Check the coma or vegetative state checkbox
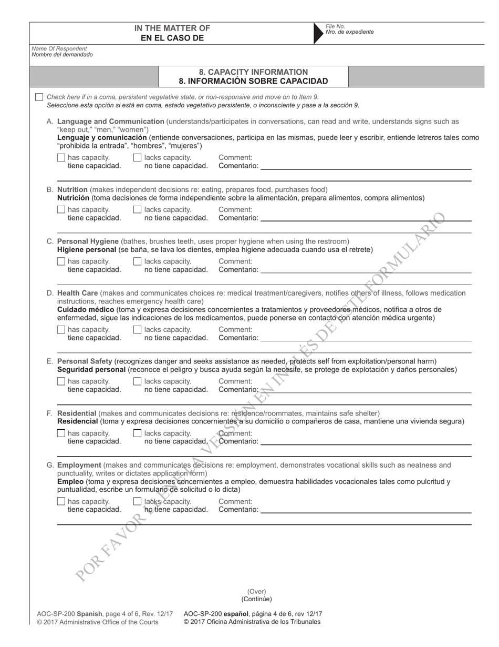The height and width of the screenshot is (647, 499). pos(39,97)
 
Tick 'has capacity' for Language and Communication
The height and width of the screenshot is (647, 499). pos(61,157)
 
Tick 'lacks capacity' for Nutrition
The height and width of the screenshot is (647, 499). pos(138,209)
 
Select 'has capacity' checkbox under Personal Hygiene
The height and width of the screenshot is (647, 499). pos(61,261)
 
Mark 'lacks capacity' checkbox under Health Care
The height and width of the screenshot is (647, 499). pos(138,330)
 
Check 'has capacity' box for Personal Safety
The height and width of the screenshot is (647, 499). pos(61,381)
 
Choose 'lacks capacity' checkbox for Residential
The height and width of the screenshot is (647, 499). pos(138,433)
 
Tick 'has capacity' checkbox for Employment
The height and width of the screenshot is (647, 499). pos(61,501)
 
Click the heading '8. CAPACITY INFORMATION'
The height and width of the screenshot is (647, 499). pos(254,72)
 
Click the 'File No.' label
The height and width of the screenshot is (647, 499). pos(335,26)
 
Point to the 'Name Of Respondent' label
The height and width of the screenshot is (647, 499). pos(59,49)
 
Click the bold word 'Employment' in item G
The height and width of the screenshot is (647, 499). pos(79,465)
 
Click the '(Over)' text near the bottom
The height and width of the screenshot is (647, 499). pos(257,591)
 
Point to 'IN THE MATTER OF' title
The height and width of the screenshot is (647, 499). pos(172,28)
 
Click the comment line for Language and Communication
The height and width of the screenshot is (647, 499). pos(365,167)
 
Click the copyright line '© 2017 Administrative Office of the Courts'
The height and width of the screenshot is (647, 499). pos(98,622)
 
